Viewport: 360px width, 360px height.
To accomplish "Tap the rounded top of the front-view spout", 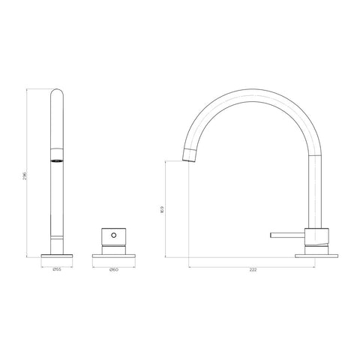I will (x=56, y=93).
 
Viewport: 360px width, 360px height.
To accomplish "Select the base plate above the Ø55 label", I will (x=56, y=256).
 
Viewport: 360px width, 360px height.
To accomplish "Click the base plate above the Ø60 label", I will (x=112, y=256).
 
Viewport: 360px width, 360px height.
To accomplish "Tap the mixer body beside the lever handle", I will (x=316, y=238).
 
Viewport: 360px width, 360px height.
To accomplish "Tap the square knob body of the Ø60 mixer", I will (x=112, y=240).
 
